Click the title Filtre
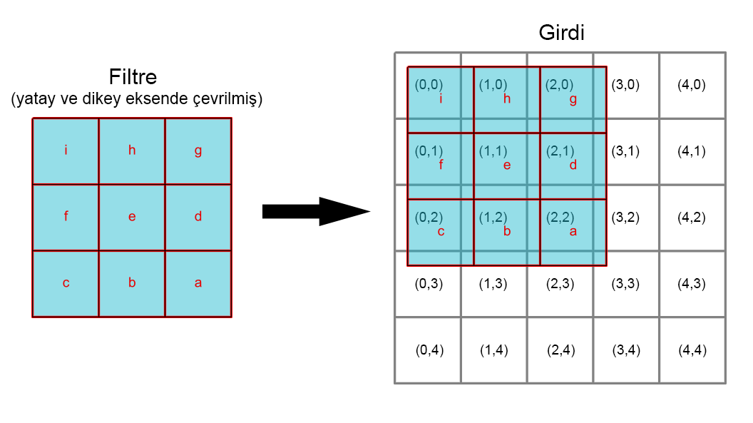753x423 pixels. click(x=133, y=76)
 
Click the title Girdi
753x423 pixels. click(x=561, y=33)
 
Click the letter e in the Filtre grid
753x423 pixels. click(x=132, y=217)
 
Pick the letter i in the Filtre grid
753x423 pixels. click(x=66, y=150)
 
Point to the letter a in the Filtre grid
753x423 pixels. click(x=198, y=283)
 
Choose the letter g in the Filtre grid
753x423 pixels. click(x=198, y=151)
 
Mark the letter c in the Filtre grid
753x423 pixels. click(x=66, y=283)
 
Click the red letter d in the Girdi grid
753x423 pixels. click(x=573, y=165)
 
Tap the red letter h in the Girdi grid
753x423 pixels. click(x=507, y=99)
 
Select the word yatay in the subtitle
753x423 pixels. click(x=33, y=99)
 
